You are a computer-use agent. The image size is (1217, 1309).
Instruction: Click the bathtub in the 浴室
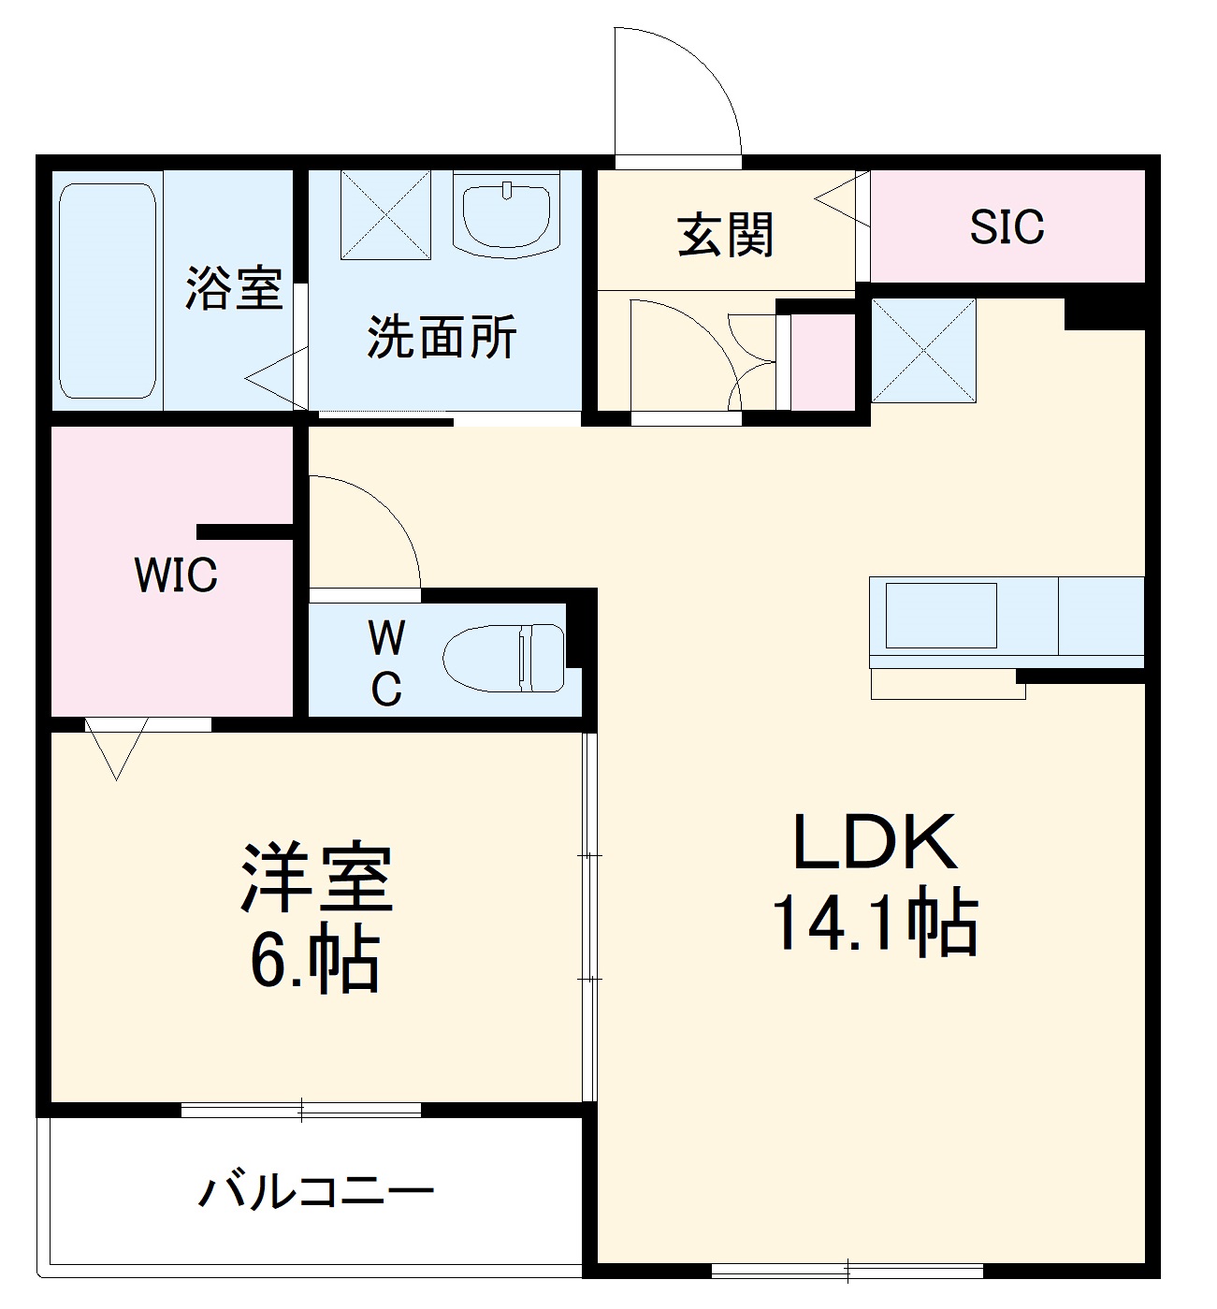coord(107,290)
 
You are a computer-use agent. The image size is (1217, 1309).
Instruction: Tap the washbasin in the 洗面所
coord(506,214)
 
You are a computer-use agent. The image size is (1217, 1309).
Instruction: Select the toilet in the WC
coord(505,659)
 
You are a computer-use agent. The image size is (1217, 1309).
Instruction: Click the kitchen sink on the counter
coord(940,615)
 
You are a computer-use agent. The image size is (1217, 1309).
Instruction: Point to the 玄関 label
coord(726,234)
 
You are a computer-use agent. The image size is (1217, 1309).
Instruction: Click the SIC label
coord(1007,226)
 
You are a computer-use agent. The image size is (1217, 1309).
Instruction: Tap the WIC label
coord(176,575)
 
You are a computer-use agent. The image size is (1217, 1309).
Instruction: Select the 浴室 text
coord(233,287)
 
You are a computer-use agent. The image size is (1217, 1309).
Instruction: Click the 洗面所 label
coord(442,337)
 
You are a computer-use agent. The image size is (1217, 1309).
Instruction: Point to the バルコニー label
coord(316,1192)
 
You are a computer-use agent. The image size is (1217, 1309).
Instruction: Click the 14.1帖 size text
coord(875,923)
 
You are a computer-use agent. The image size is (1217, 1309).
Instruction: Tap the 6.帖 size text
coord(314,960)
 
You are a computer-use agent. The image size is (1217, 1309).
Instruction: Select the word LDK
coord(875,843)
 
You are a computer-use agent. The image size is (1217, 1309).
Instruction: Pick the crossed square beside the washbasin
coord(385,214)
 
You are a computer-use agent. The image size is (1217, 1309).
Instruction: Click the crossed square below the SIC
coord(923,351)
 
